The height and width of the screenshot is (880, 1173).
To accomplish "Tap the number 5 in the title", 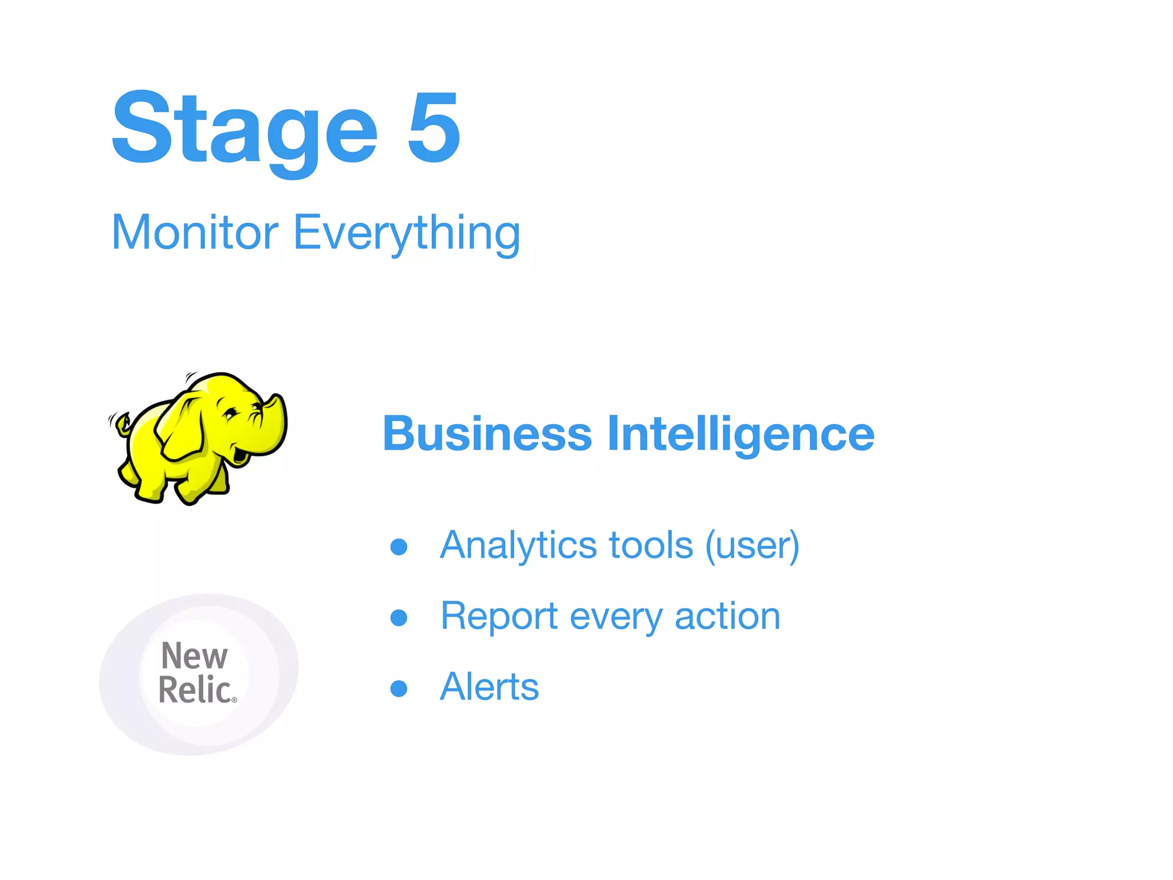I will coord(434,127).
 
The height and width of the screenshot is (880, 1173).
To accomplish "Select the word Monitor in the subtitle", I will coord(195,232).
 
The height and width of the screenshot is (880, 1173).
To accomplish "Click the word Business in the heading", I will coord(487,434).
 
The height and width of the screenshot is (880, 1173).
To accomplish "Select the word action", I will coord(727,617).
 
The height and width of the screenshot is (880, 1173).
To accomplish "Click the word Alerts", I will coord(490,687).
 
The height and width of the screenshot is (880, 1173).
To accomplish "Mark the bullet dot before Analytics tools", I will coord(399,547).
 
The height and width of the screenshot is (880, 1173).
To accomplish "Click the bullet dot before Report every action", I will coord(399,618).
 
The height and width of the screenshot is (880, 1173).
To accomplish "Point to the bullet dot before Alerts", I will coord(399,688).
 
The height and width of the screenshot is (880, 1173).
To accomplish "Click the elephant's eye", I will coord(231,411).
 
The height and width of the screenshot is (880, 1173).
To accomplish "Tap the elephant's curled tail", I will coord(122,425).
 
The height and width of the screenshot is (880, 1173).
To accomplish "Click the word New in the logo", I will coord(194,656).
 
